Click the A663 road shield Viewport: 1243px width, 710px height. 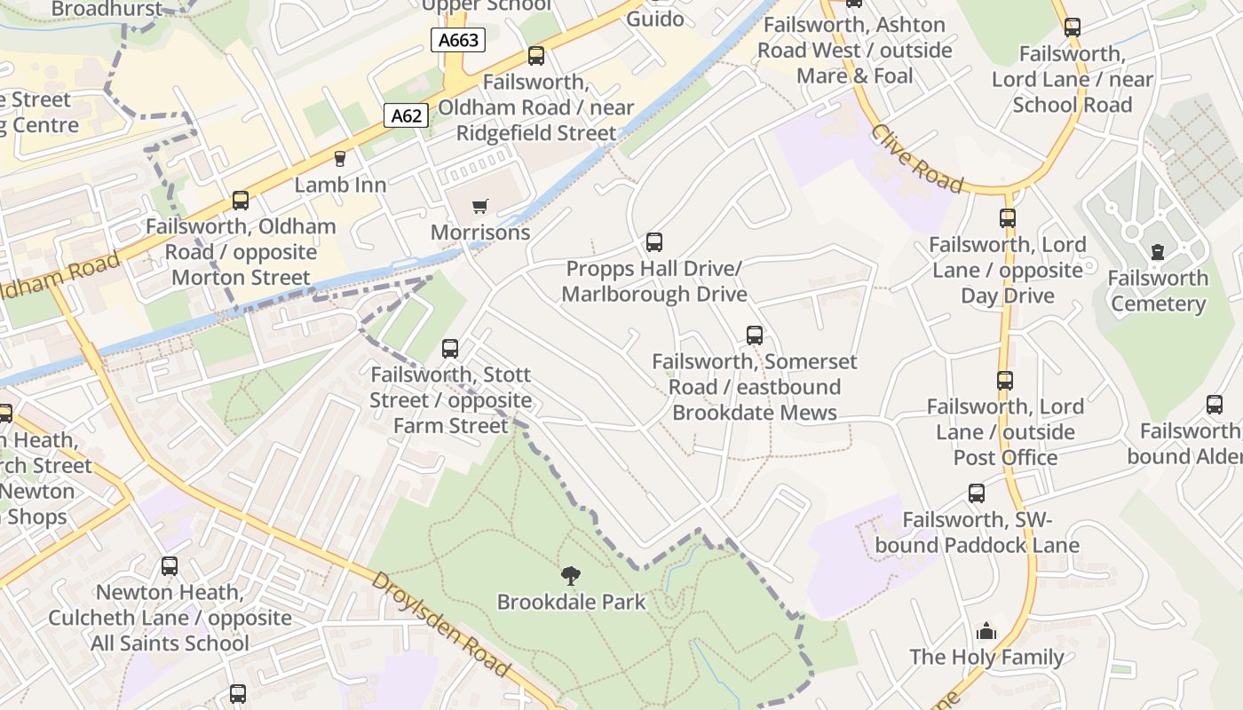pos(458,40)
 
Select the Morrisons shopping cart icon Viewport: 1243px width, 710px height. pos(480,207)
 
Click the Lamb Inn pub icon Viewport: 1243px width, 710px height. pos(339,159)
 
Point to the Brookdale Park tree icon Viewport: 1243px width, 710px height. pos(571,576)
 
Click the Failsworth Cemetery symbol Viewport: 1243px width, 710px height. pos(1157,253)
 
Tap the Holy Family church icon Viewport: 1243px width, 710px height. pos(986,632)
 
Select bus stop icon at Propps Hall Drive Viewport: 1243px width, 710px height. pos(654,241)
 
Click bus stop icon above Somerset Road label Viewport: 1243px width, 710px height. pos(755,335)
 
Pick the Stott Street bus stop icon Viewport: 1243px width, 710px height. pos(450,349)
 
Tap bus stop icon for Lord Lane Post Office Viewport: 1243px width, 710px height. pos(1005,381)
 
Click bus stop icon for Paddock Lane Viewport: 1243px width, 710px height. pos(977,493)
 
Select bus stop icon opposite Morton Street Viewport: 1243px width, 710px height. pos(241,201)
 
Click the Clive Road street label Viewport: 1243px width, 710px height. pos(916,159)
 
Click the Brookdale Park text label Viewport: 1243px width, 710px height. pos(571,602)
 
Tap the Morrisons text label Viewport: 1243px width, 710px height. pos(480,233)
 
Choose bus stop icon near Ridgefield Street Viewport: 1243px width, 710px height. pos(536,56)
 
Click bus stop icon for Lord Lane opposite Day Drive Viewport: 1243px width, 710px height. pos(1008,218)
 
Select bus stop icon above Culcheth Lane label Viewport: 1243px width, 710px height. pos(170,566)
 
